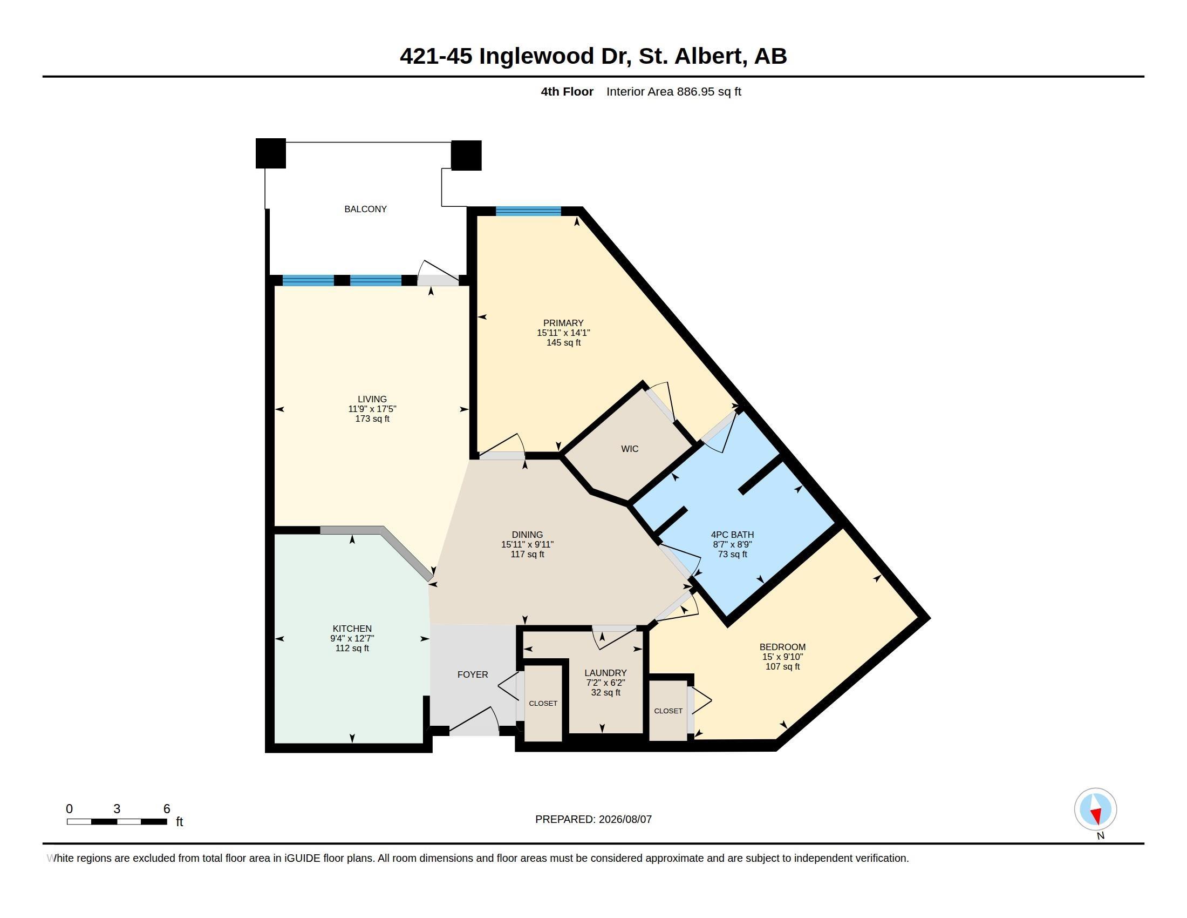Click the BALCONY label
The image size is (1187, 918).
[x=365, y=209]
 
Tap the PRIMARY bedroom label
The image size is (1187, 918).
[x=563, y=323]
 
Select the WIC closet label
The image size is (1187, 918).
[x=629, y=449]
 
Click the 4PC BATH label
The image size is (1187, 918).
[x=732, y=535]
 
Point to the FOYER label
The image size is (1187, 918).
[x=472, y=674]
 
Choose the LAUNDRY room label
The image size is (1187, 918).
[x=605, y=673]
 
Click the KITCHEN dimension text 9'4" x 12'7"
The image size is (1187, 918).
[x=352, y=638]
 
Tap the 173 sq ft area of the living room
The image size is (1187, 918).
[x=372, y=418]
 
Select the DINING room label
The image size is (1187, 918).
[x=527, y=535]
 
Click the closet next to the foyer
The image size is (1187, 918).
[x=543, y=703]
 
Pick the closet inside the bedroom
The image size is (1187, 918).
[x=668, y=711]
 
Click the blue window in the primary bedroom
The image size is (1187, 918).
[x=528, y=212]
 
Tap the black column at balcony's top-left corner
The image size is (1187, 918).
[x=271, y=153]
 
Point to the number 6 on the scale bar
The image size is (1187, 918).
[x=167, y=809]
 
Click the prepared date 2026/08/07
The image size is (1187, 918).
[x=625, y=819]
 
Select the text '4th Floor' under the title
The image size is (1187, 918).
[x=567, y=91]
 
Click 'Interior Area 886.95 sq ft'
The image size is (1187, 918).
[x=674, y=91]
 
